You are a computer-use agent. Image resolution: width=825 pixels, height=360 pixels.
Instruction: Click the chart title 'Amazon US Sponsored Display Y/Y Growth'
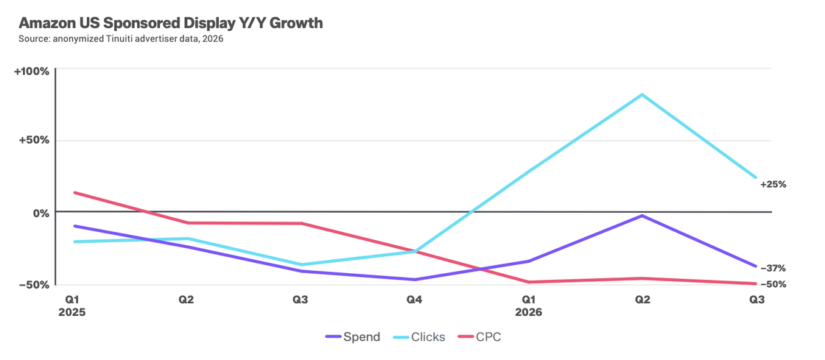[170, 24]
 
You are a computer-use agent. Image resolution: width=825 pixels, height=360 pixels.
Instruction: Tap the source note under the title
[117, 40]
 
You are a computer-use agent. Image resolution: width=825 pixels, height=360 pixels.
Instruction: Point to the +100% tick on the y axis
[32, 71]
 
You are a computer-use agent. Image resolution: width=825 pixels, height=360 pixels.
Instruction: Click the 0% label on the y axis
[41, 213]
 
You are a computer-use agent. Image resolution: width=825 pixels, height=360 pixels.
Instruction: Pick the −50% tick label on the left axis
[35, 284]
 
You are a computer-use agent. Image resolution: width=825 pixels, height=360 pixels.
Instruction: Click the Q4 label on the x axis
[414, 300]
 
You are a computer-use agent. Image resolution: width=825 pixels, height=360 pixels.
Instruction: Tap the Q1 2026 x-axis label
[528, 306]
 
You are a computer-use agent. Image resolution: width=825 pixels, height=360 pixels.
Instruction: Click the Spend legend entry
[353, 337]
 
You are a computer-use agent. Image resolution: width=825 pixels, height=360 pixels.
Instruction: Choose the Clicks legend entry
[419, 337]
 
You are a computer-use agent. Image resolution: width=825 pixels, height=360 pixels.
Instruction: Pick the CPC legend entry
[480, 337]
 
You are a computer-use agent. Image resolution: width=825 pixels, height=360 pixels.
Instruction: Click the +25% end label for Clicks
[773, 185]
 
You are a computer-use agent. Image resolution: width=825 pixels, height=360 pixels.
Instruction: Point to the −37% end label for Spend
[773, 268]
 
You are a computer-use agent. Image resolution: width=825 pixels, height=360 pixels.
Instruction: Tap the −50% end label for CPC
[773, 284]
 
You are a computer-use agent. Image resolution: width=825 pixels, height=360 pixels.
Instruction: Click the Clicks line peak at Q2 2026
[642, 94]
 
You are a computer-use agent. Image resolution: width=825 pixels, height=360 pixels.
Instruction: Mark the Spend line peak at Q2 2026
[642, 216]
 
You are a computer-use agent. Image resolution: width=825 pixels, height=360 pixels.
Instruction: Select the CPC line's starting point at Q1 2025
[74, 192]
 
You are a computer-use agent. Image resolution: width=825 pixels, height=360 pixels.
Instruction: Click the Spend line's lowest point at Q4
[415, 280]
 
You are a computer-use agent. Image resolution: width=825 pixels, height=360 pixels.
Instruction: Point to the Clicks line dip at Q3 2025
[301, 265]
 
